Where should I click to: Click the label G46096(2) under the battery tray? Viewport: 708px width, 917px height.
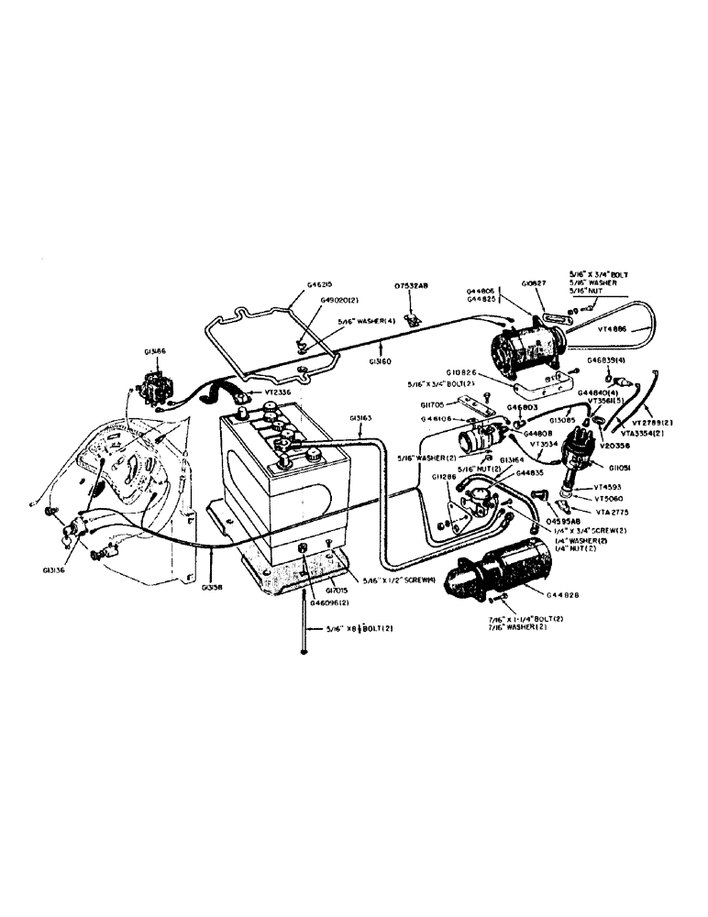click(327, 604)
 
